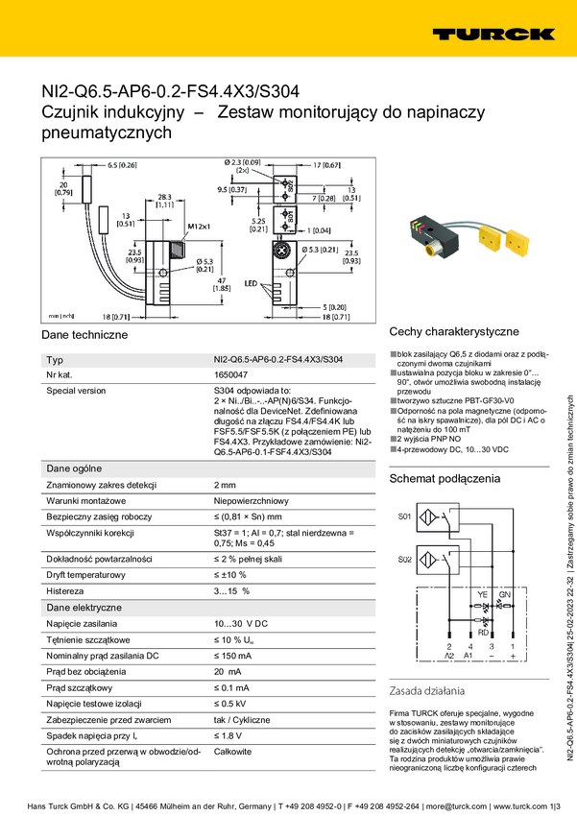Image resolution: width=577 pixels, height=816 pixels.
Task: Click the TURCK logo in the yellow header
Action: [493, 34]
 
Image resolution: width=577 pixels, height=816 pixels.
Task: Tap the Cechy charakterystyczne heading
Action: [454, 331]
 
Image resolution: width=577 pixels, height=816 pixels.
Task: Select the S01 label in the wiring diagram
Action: [404, 516]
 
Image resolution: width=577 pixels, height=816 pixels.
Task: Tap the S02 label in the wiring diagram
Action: [404, 558]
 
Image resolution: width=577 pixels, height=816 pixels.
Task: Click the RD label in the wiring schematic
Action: [483, 632]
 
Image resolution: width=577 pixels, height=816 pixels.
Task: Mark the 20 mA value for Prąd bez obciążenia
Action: [227, 672]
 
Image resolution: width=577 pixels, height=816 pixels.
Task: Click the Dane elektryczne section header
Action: [84, 608]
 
